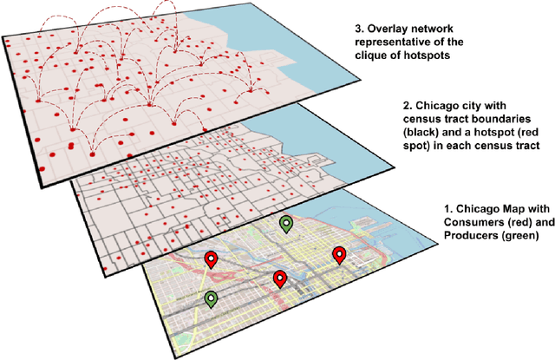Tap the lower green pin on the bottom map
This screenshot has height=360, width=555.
click(210, 298)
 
